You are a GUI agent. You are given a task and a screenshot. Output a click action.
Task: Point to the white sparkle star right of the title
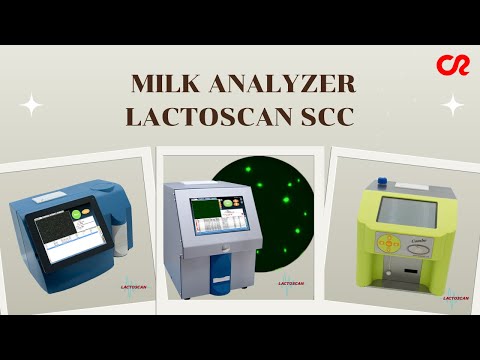(453, 104)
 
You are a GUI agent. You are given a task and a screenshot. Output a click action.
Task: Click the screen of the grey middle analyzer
(214, 214)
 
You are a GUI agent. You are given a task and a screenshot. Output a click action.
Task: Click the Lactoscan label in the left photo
(136, 285)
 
